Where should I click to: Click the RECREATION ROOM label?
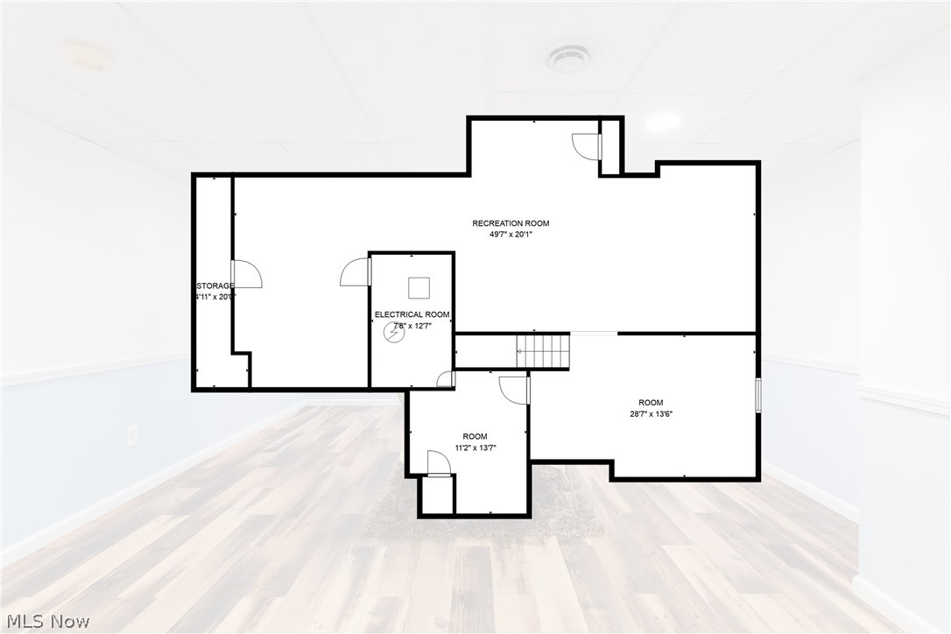point(511,223)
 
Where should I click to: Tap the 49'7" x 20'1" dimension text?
point(511,235)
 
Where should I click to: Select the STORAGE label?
point(215,285)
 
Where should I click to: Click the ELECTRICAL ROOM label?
point(412,314)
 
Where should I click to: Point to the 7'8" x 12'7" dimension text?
point(412,326)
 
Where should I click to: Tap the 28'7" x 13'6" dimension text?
point(650,414)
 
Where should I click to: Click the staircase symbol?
point(543,350)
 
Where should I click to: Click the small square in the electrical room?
point(419,287)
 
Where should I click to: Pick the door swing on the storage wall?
point(247,274)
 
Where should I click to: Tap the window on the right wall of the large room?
point(758,394)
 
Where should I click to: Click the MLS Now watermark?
point(46,622)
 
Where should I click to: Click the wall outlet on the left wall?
point(132,433)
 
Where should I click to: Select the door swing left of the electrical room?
point(356,272)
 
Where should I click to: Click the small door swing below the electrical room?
point(447,379)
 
